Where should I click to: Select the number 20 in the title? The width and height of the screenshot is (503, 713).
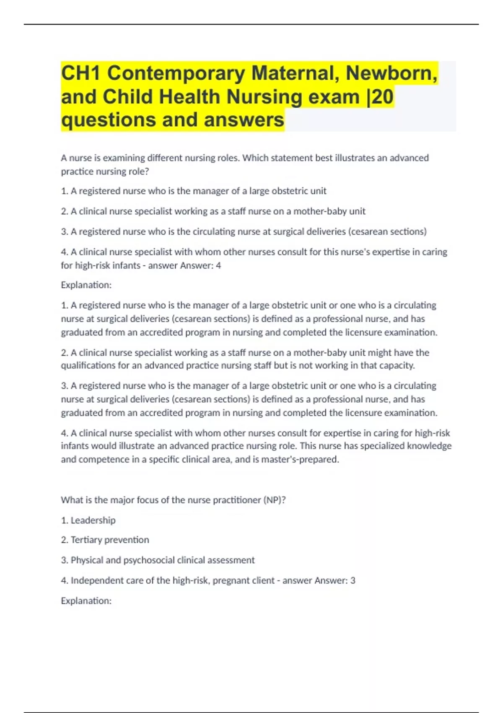383,96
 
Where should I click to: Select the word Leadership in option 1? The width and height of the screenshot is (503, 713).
93,520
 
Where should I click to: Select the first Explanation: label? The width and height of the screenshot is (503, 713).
86,285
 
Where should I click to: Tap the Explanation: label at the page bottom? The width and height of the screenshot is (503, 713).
86,601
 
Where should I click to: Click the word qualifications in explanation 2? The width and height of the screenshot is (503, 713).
88,366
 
